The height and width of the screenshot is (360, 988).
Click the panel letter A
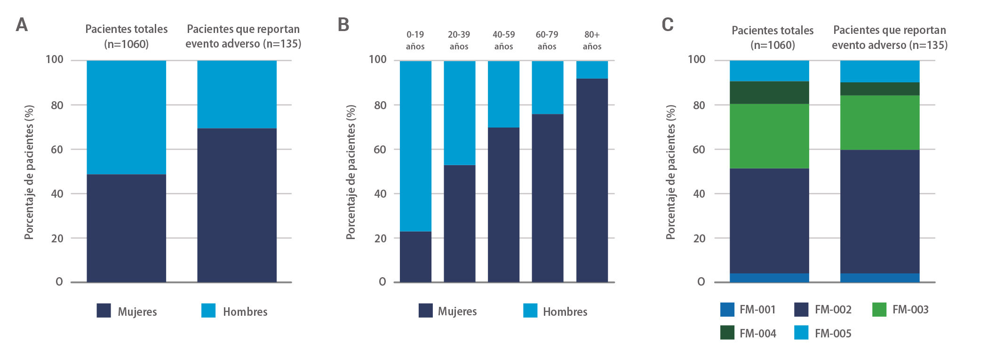coord(22,25)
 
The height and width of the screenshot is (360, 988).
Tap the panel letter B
coord(343,25)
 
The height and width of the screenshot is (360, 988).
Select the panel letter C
coord(667,25)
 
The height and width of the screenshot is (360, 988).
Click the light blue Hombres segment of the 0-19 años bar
coord(415,146)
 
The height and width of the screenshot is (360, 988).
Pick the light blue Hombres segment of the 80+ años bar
coord(592,70)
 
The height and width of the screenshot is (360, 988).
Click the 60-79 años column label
coord(547,40)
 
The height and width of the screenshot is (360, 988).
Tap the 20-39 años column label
coord(459,40)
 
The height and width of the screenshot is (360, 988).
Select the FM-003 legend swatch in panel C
coord(879,310)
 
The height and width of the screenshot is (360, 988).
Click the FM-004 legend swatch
coord(727,333)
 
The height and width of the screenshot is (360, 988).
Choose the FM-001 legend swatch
coord(727,310)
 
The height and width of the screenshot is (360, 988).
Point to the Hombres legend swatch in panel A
coord(208,311)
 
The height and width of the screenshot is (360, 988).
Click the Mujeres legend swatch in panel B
coord(425,311)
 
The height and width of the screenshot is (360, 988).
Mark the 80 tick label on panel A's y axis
coord(57,105)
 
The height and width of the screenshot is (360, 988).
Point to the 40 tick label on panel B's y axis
coord(380,193)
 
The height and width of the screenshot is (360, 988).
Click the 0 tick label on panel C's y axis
coord(701,281)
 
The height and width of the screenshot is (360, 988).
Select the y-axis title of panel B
coord(351,172)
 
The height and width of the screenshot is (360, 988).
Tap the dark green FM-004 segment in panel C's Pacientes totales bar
coord(769,93)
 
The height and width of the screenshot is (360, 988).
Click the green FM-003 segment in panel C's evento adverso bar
coord(880,122)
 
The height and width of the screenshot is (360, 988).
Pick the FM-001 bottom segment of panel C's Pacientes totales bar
coord(769,278)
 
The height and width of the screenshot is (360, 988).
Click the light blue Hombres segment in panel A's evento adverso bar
coord(237,94)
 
